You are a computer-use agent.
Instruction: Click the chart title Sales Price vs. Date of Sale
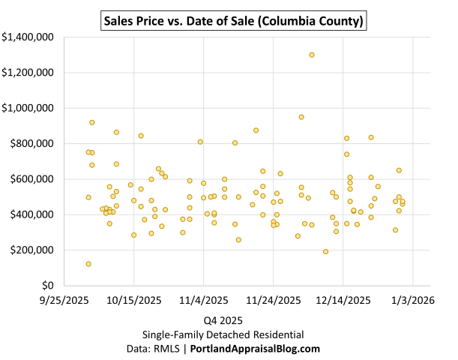[233, 21]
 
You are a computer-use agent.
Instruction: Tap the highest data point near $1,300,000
[312, 55]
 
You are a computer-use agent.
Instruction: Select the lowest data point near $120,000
[88, 264]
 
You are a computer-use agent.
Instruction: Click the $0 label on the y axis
[47, 286]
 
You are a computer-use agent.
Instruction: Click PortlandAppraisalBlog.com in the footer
[256, 349]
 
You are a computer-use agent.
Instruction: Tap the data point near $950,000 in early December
[301, 117]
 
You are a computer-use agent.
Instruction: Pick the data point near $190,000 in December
[325, 252]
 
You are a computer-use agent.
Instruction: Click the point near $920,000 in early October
[92, 122]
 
